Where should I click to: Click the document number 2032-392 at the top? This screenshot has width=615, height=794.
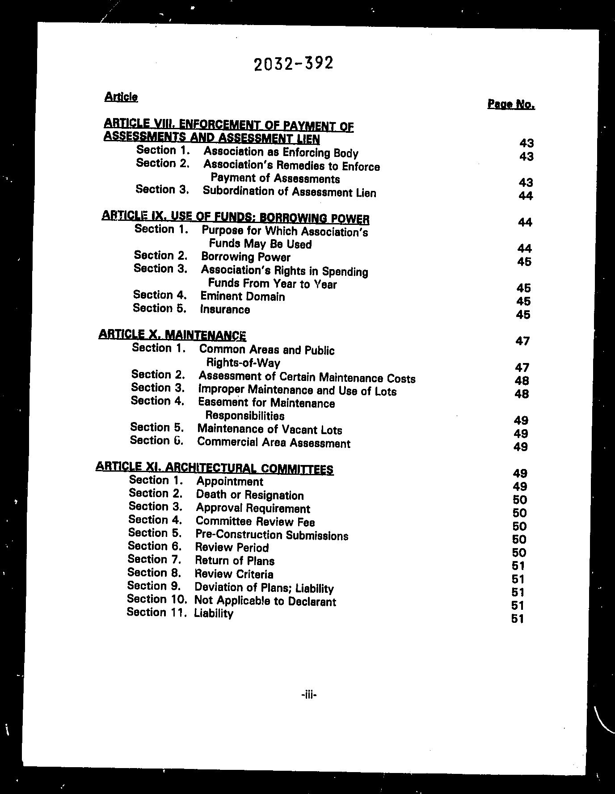pos(293,64)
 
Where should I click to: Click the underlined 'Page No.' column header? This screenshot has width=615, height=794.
pos(511,104)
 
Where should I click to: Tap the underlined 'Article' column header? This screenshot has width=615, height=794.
pos(121,97)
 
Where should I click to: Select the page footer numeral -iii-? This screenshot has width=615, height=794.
pos(309,694)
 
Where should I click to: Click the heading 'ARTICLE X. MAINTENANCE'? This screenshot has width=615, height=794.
pos(172,334)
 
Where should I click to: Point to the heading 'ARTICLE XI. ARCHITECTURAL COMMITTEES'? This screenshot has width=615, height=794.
pos(215,468)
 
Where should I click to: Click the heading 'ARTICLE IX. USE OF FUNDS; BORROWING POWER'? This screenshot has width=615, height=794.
pos(236,217)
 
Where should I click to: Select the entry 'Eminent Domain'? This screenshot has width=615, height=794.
pos(242,296)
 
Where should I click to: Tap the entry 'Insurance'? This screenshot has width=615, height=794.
pos(225,309)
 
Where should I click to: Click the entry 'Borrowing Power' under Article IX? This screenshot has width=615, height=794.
pos(245,257)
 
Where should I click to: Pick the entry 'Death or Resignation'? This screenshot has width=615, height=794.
pos(250,495)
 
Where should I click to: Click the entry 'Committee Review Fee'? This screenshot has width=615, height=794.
pos(255,521)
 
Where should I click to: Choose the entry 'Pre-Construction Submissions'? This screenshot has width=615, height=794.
pos(272,535)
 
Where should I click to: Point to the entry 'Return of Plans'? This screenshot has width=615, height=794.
pos(235,561)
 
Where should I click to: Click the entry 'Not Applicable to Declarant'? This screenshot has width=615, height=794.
pos(265,601)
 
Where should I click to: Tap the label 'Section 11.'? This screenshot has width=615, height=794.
pos(156,612)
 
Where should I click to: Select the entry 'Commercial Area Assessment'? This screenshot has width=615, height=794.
pos(274,443)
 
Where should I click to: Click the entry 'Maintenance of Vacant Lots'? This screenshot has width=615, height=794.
pos(270,430)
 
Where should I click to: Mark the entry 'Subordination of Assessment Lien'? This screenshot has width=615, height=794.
pos(290,192)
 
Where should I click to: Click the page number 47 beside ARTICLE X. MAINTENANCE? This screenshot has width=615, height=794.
pos(522,341)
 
